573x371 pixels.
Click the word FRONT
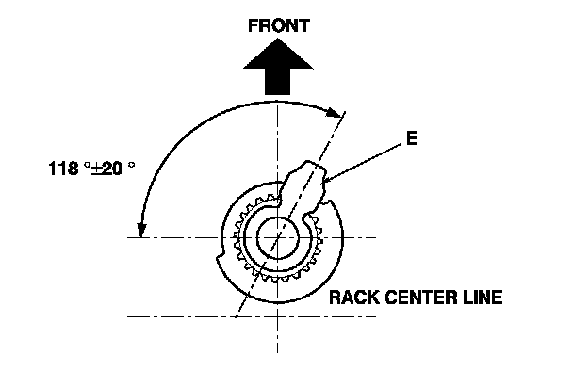279,26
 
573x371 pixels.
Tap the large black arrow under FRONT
278,67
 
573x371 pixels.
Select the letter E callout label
412,138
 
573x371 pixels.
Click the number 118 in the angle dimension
63,169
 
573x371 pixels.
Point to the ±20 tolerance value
106,169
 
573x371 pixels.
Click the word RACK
354,298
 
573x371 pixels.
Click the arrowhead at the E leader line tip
327,179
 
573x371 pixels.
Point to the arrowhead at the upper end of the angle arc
335,112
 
